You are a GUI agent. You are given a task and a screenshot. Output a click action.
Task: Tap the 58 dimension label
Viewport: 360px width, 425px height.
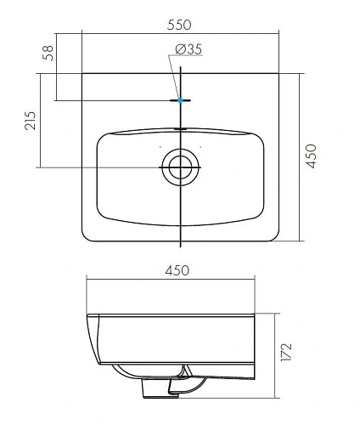click(x=48, y=55)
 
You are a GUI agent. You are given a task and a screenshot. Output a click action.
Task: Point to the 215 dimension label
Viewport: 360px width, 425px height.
click(x=30, y=120)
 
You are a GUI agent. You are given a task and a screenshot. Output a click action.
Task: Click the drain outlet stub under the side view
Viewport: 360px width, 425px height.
click(x=155, y=387)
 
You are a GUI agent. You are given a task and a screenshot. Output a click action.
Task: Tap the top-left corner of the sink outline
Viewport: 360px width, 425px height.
click(x=82, y=74)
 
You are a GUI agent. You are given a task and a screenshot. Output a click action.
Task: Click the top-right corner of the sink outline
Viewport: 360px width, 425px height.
click(x=278, y=74)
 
